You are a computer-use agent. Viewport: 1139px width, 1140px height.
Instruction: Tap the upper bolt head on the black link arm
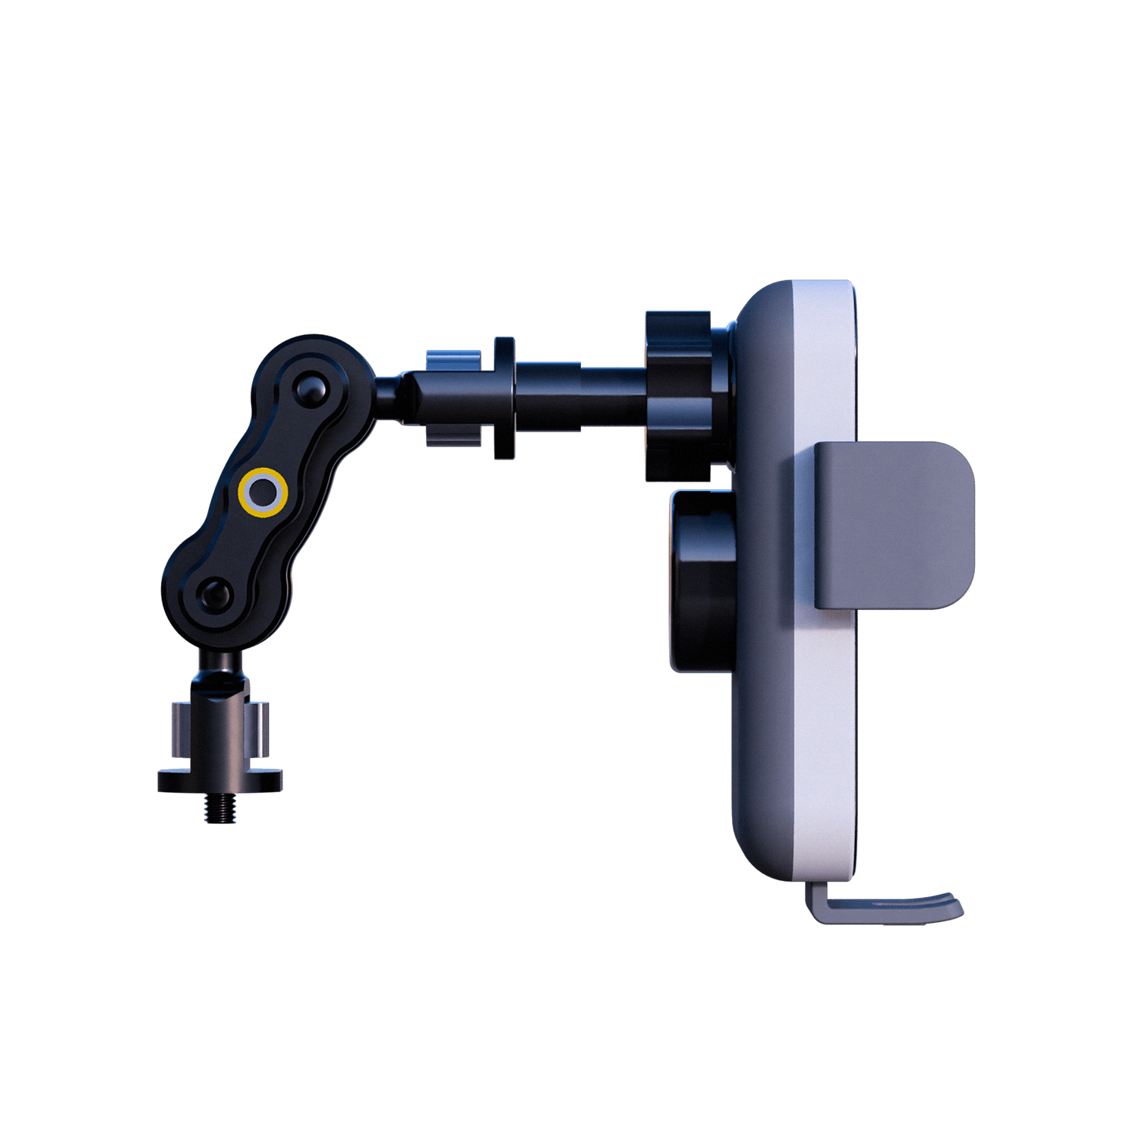pos(311,388)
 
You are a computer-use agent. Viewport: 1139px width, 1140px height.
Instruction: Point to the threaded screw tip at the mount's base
pos(219,808)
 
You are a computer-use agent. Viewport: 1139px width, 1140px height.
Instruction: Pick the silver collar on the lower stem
pos(220,729)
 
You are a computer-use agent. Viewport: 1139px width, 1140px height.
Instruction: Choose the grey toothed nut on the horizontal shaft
pos(453,398)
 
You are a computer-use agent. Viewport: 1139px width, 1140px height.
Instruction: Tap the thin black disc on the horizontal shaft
pos(503,398)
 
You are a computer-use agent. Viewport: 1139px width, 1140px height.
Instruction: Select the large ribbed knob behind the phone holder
pos(680,396)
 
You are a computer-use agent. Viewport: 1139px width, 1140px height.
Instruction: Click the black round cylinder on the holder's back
pos(702,581)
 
